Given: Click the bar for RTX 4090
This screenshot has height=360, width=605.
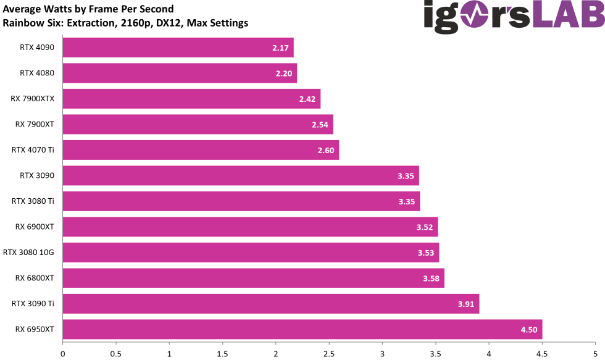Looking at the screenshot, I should pyautogui.click(x=178, y=48).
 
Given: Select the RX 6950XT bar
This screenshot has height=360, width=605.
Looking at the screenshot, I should pyautogui.click(x=302, y=329).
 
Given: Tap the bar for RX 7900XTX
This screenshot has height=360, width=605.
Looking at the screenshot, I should pyautogui.click(x=191, y=99).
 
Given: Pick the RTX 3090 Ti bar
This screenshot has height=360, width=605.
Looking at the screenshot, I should pyautogui.click(x=271, y=304).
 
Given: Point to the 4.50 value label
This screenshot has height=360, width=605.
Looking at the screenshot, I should pyautogui.click(x=530, y=330).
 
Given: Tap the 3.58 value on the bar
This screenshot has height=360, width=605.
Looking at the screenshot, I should pyautogui.click(x=432, y=278).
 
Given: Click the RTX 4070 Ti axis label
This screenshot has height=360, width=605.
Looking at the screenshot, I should pyautogui.click(x=33, y=149).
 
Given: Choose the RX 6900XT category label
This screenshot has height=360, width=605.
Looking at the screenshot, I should pyautogui.click(x=35, y=227).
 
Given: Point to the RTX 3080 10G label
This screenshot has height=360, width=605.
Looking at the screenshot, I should pyautogui.click(x=28, y=252).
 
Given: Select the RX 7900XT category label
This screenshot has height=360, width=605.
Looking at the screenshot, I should pyautogui.click(x=35, y=124).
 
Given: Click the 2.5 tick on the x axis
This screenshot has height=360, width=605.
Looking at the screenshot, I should pyautogui.click(x=329, y=354).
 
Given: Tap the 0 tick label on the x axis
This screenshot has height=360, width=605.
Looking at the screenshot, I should pyautogui.click(x=62, y=354).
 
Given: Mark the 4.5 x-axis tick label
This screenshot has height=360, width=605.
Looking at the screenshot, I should pyautogui.click(x=542, y=354).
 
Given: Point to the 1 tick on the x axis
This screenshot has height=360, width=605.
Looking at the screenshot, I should pyautogui.click(x=169, y=354).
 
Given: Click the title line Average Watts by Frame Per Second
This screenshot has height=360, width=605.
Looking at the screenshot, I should pyautogui.click(x=88, y=9).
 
